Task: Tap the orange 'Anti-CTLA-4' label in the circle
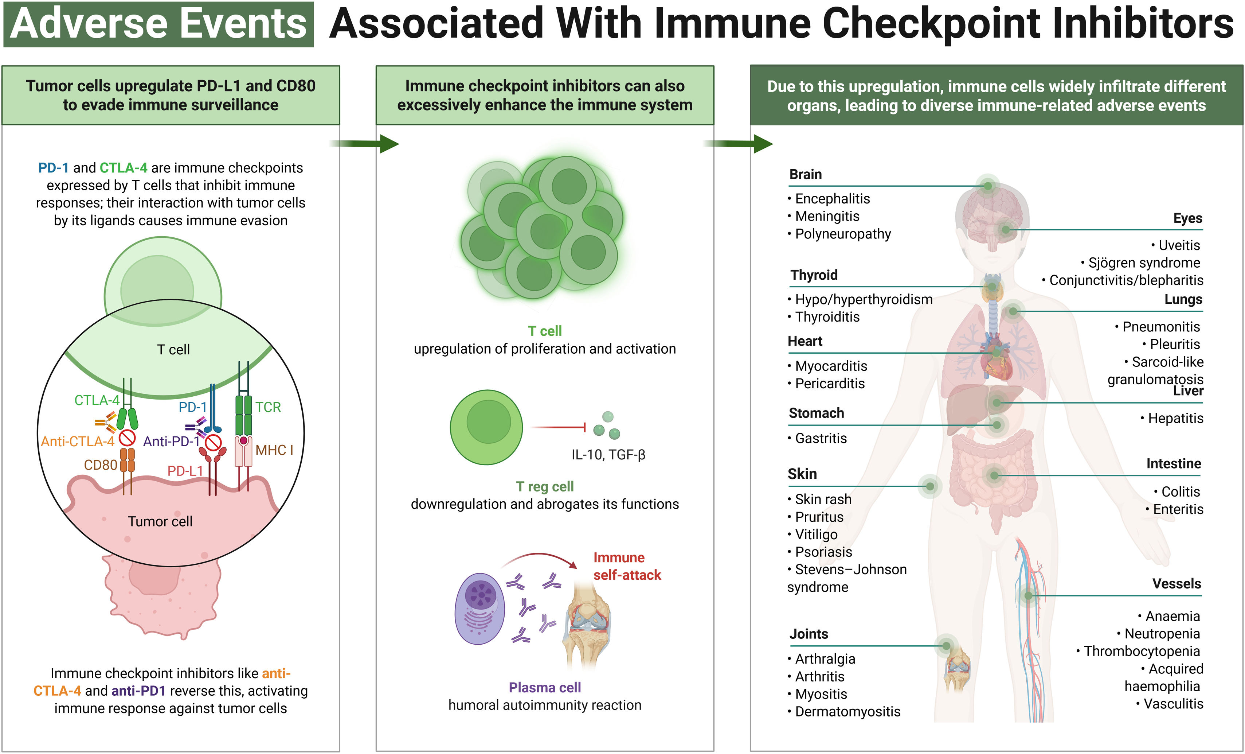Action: (x=77, y=442)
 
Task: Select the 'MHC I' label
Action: (x=274, y=450)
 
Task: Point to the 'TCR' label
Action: (x=268, y=407)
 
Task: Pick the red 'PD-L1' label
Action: (x=185, y=471)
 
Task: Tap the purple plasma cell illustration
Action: (x=479, y=609)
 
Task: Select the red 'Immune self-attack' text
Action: (x=627, y=566)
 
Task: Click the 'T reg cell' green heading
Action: (x=544, y=486)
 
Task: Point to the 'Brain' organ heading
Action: (x=806, y=175)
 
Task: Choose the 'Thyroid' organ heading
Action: (x=814, y=275)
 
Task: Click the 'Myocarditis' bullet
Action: (x=831, y=366)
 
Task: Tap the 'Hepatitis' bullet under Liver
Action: (x=1175, y=418)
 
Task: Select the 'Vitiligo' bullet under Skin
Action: (x=815, y=535)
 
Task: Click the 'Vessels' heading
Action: (x=1176, y=584)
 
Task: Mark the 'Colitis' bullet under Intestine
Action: (x=1180, y=491)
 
